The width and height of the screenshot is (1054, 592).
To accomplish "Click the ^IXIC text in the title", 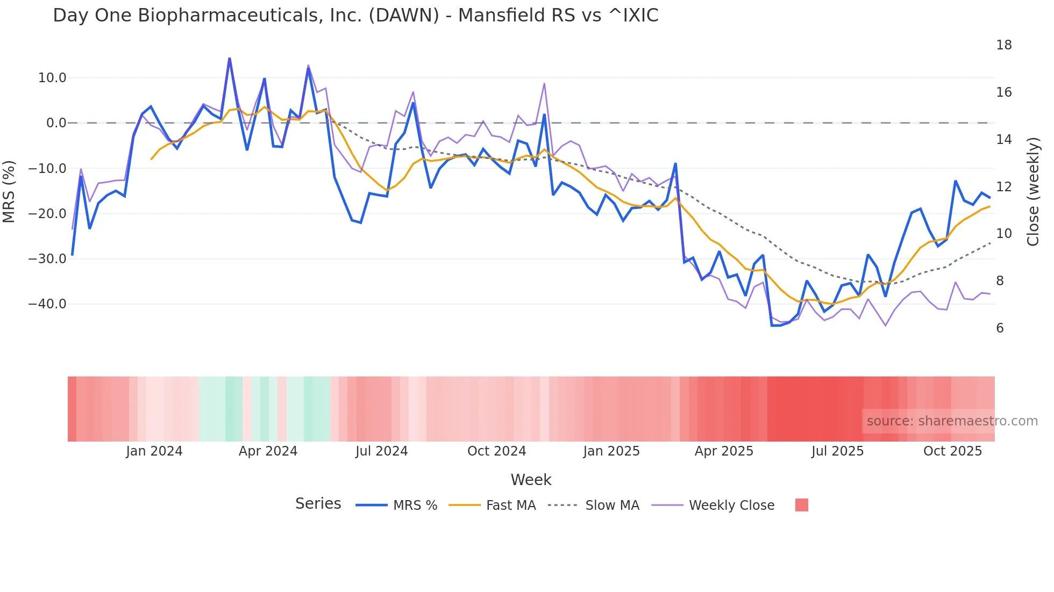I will [633, 16].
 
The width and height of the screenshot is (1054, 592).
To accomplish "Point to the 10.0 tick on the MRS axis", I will [52, 78].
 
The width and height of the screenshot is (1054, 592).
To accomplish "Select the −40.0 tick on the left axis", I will [47, 304].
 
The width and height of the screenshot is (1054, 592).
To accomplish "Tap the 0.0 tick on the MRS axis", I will [56, 123].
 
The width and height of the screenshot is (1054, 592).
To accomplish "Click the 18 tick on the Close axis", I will [1003, 45].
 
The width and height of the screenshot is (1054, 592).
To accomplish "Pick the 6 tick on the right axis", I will [1000, 328].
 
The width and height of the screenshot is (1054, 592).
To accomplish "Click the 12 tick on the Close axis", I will [1003, 187].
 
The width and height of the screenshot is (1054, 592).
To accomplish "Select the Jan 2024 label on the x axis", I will [154, 451].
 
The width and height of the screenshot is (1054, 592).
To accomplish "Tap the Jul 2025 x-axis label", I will [837, 451].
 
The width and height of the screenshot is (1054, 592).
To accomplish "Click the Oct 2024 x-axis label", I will [496, 451].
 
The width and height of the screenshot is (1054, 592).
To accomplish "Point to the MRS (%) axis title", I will [9, 192].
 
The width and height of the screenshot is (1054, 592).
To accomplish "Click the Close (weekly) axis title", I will [1033, 192].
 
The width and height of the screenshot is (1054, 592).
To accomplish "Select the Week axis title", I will [531, 480].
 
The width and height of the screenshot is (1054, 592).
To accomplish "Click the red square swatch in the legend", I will [801, 505].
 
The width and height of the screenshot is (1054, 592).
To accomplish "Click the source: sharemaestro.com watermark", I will [952, 421].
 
